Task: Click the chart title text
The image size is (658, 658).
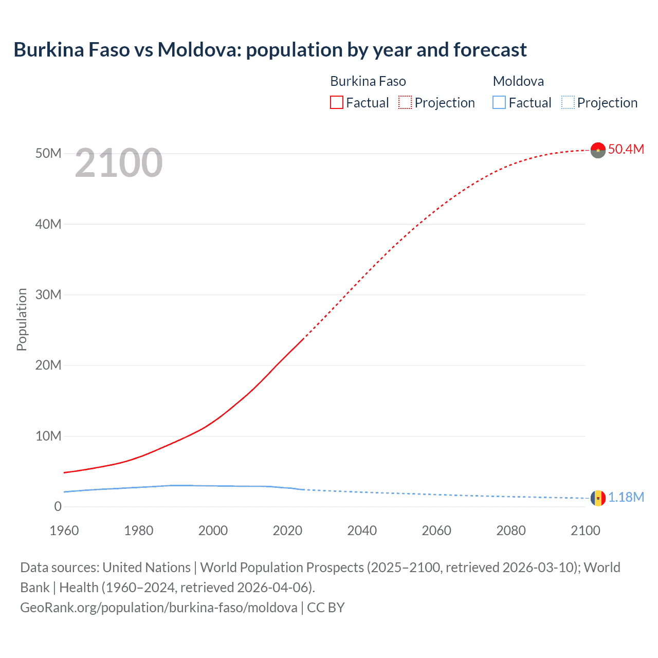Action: pyautogui.click(x=270, y=50)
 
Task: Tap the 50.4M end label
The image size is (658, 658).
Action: pyautogui.click(x=626, y=149)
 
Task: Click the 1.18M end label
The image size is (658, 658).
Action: pyautogui.click(x=626, y=497)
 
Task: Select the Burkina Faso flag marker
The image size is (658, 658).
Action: pyautogui.click(x=598, y=150)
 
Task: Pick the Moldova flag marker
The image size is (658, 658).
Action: pyautogui.click(x=598, y=498)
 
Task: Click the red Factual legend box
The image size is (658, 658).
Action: pyautogui.click(x=336, y=102)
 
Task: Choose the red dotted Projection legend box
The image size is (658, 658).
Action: pyautogui.click(x=405, y=102)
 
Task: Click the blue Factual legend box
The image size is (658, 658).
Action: pyautogui.click(x=499, y=102)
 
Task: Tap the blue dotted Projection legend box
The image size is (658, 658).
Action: pyautogui.click(x=568, y=102)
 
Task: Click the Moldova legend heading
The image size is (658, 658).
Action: pyautogui.click(x=518, y=81)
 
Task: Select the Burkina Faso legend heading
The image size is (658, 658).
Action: pyautogui.click(x=368, y=81)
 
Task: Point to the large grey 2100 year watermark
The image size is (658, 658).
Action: pyautogui.click(x=119, y=163)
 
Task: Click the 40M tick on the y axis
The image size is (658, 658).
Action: pyautogui.click(x=48, y=224)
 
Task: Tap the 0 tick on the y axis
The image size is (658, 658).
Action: pyautogui.click(x=58, y=506)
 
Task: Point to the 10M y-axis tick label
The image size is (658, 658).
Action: pyautogui.click(x=48, y=436)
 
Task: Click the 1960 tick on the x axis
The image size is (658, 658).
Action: pyautogui.click(x=64, y=531)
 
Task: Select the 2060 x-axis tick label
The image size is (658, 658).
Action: pyautogui.click(x=436, y=531)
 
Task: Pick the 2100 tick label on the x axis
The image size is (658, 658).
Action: pyautogui.click(x=585, y=531)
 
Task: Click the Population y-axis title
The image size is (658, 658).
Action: pyautogui.click(x=22, y=319)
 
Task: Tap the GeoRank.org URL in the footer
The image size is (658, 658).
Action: pyautogui.click(x=158, y=608)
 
